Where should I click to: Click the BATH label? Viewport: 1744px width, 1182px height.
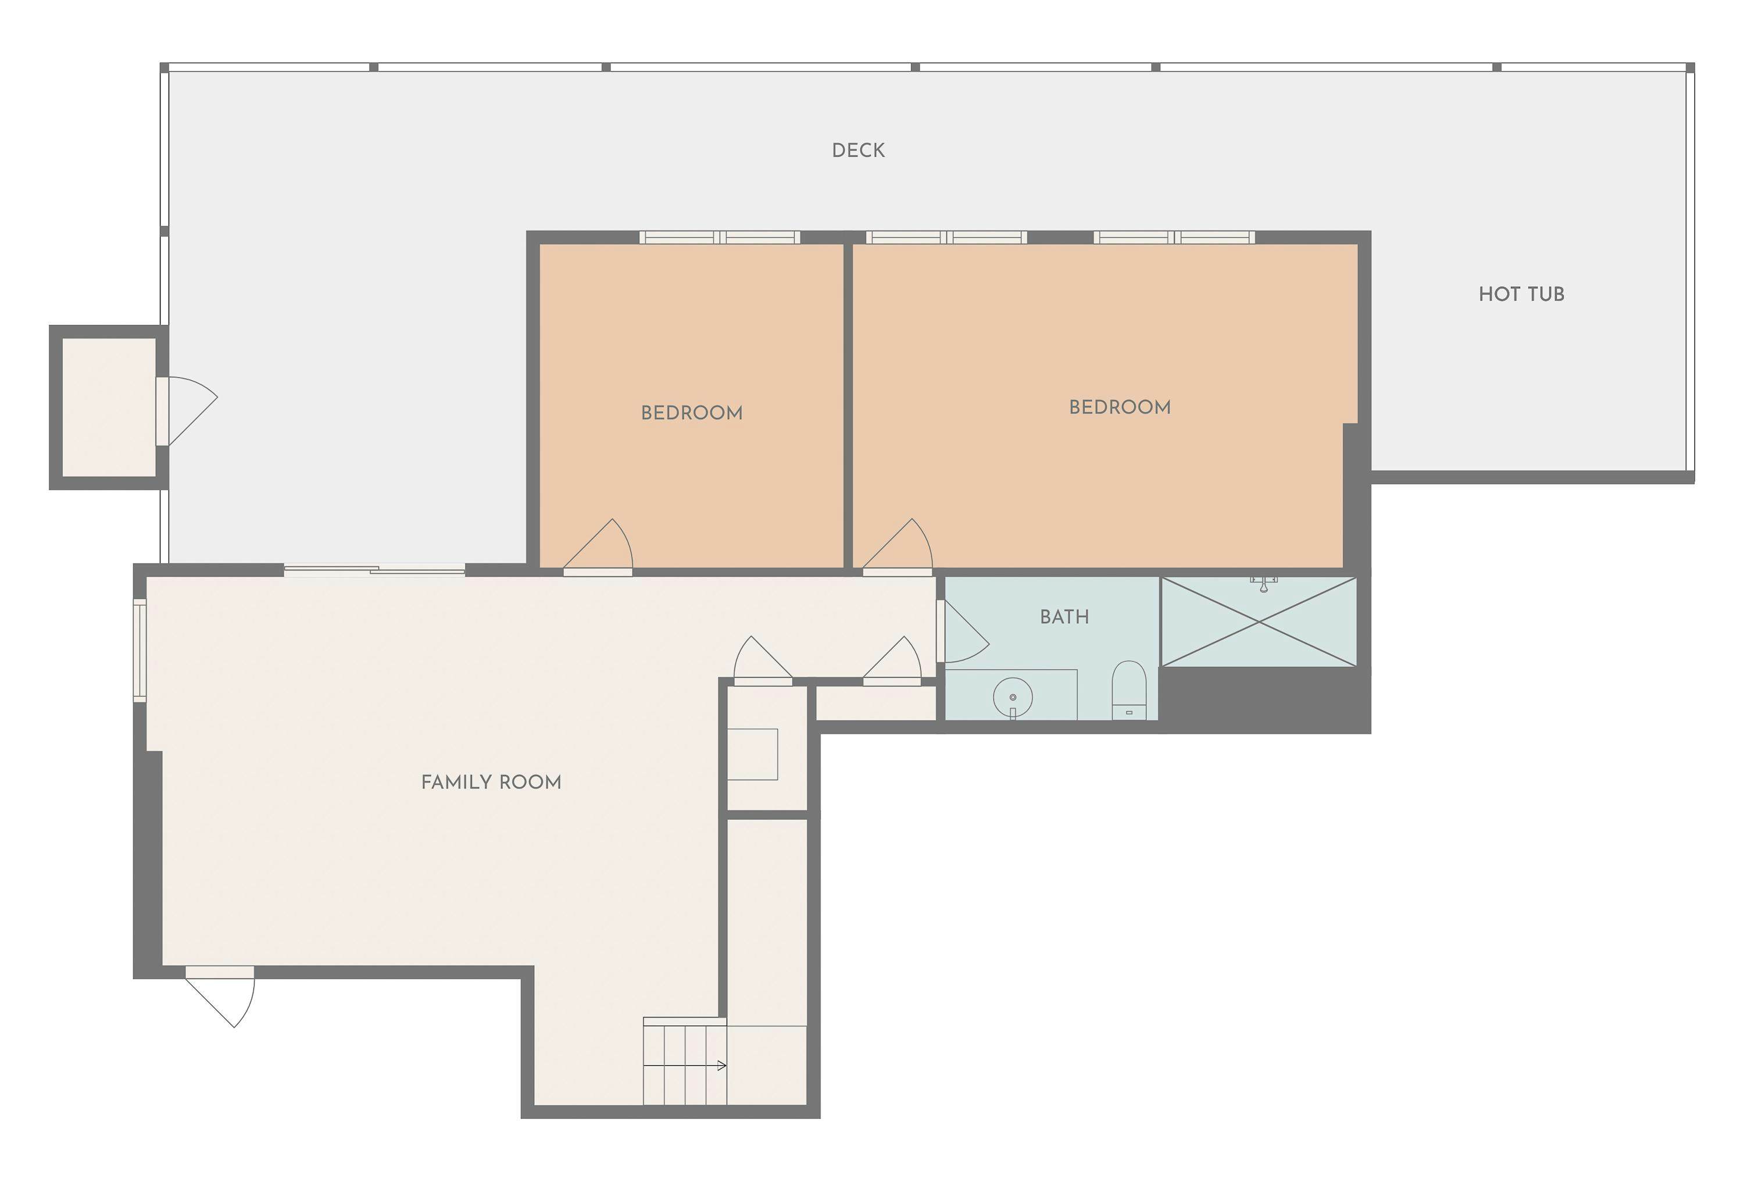pos(1063,617)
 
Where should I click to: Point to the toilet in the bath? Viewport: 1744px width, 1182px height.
pos(1128,689)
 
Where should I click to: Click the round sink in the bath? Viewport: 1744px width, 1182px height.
pos(1012,698)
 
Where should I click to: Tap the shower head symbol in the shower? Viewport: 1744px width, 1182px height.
pos(1264,584)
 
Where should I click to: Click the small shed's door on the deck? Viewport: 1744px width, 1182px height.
pos(188,411)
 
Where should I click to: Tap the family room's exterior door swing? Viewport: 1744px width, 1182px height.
pos(222,998)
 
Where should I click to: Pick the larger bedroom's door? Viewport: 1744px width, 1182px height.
pos(899,548)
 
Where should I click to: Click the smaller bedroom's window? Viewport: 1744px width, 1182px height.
pos(719,237)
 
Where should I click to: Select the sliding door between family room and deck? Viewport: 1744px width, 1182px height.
pos(374,571)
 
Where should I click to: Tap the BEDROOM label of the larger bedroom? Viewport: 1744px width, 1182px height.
pos(1119,408)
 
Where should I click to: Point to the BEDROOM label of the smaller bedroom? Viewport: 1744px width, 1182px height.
pos(691,413)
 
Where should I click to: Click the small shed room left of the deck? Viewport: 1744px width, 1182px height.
pos(109,407)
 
